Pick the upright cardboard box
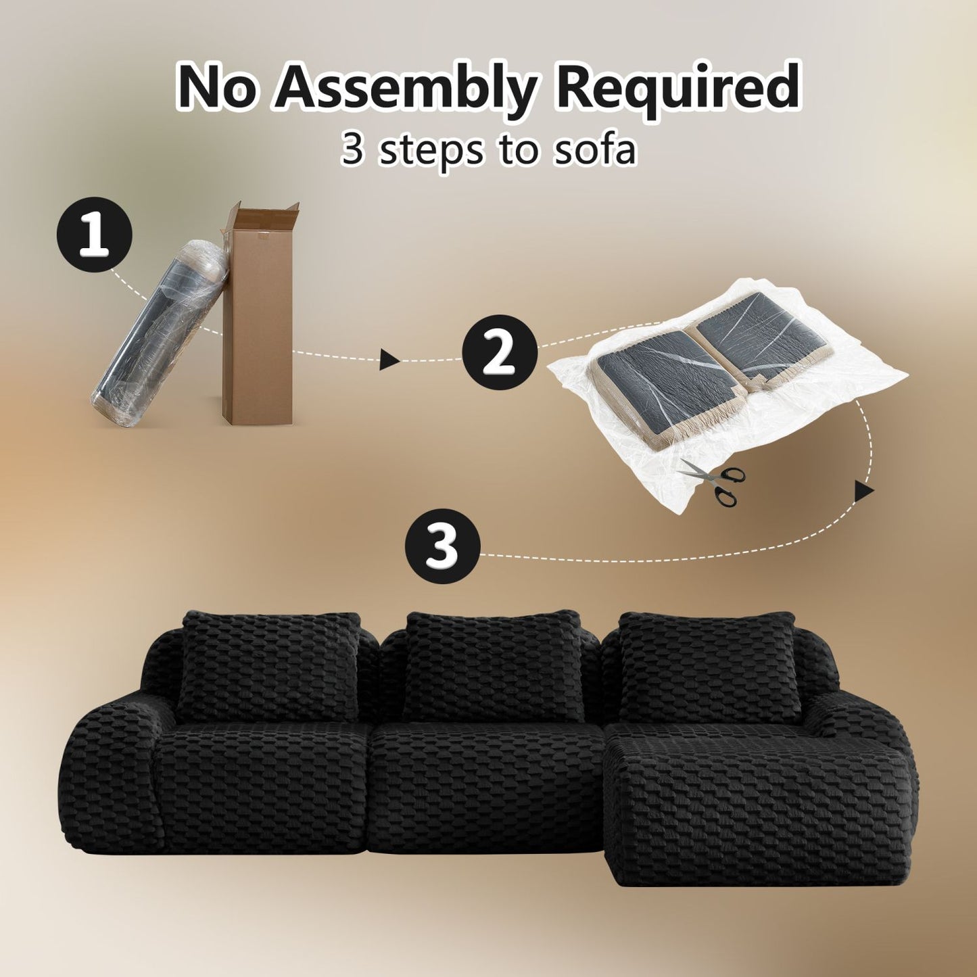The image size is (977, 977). (x=258, y=314)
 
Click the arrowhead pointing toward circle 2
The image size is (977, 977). (x=389, y=359)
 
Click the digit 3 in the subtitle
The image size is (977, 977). (x=352, y=149)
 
